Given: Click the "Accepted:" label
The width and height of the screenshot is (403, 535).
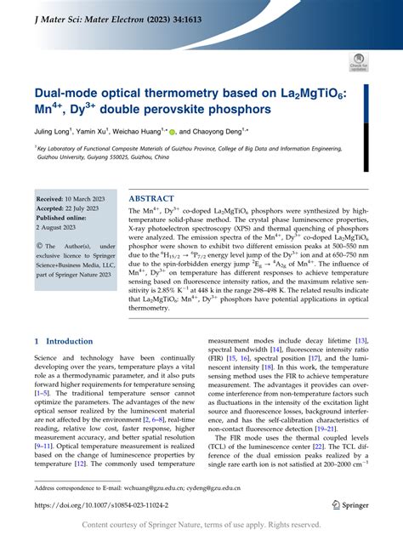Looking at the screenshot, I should [53, 208].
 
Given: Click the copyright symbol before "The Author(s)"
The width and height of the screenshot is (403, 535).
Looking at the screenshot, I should [41, 248].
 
